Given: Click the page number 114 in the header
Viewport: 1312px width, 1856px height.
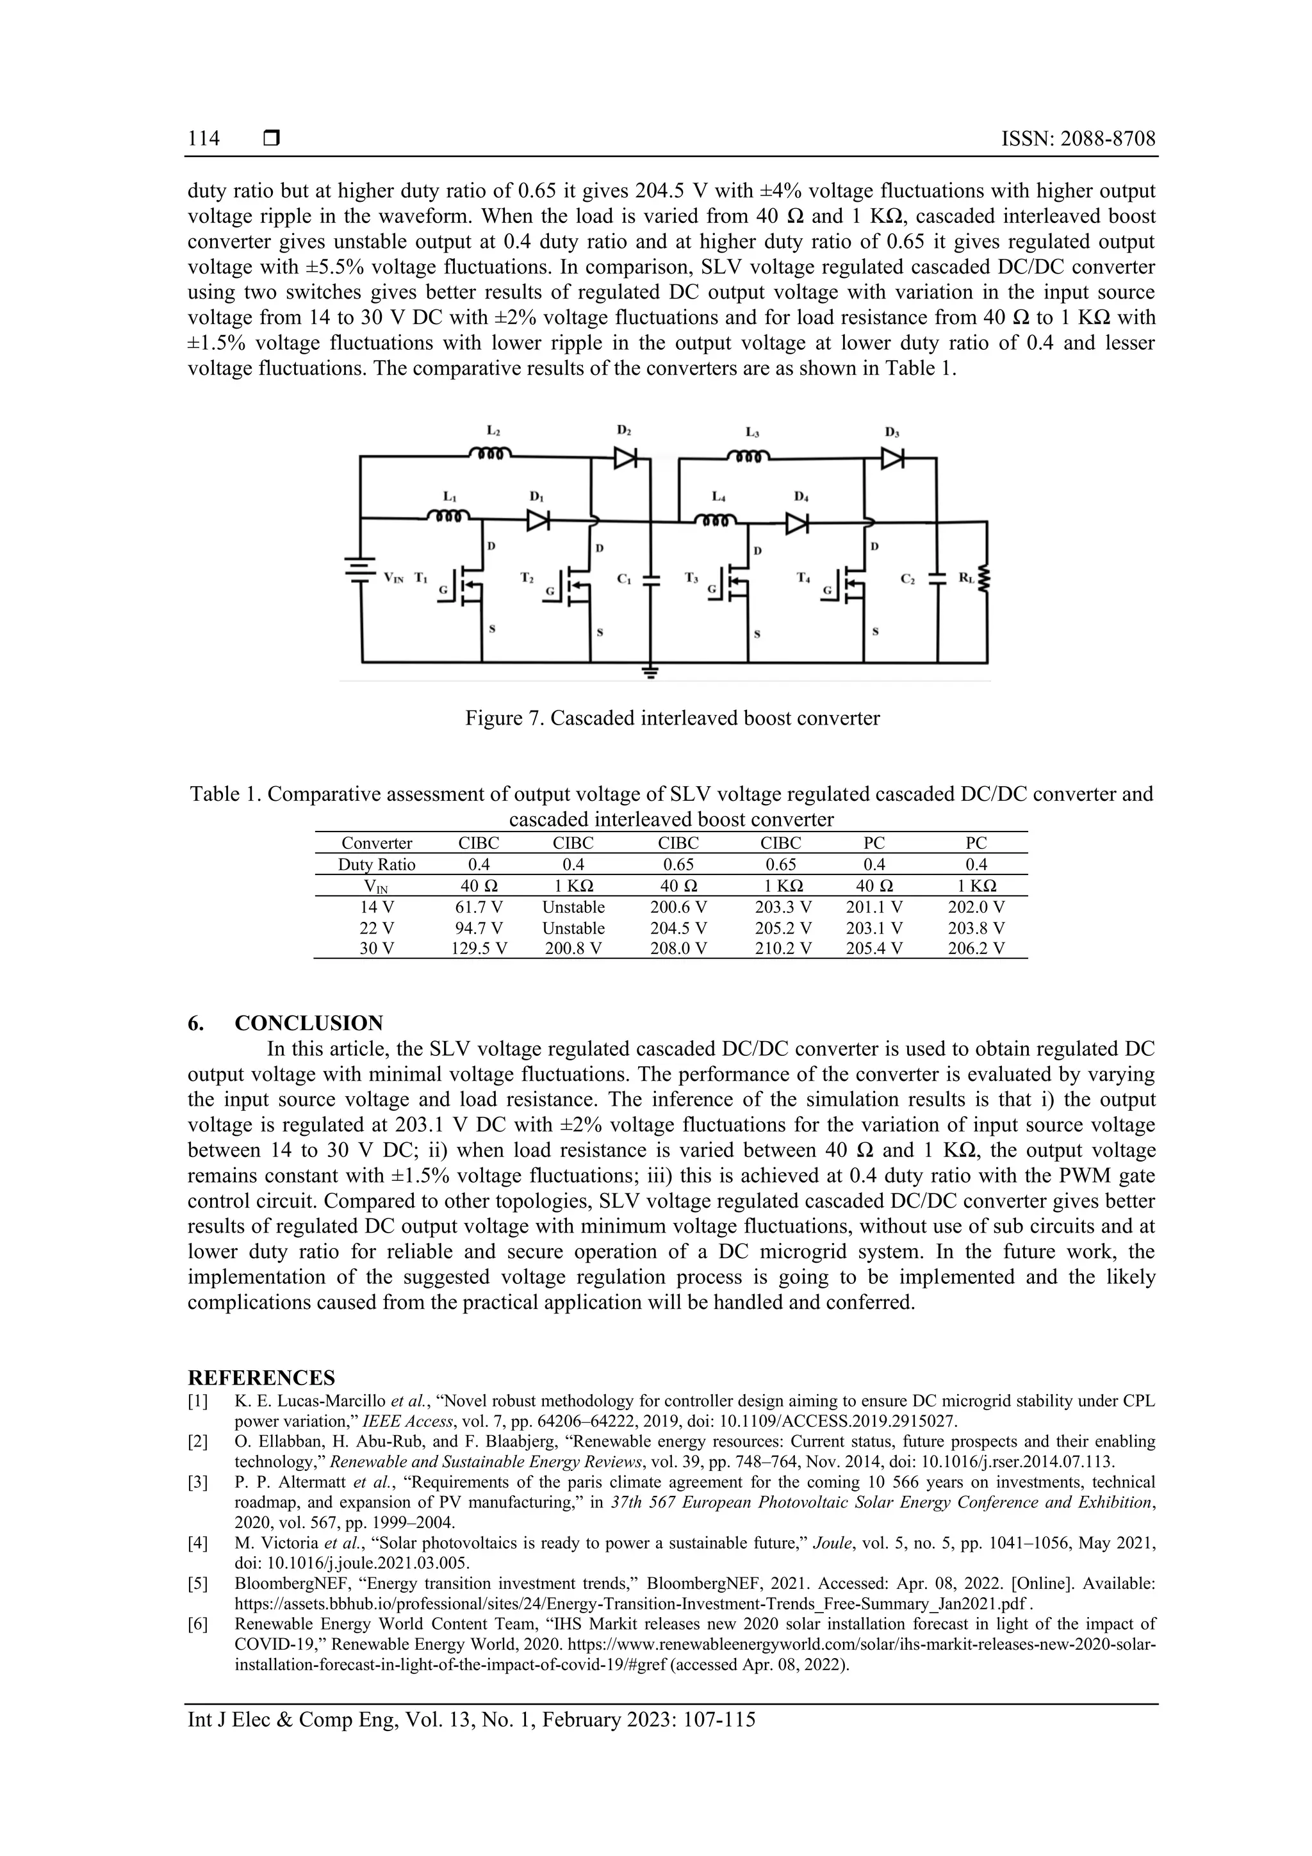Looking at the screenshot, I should coord(204,138).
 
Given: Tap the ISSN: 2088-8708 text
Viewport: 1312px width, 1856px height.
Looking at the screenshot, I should coord(1078,138).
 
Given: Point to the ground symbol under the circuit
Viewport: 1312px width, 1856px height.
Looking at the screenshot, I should coord(652,670).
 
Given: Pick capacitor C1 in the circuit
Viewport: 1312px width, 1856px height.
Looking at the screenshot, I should coord(652,579).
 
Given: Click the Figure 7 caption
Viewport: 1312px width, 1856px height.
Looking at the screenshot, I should coord(672,718).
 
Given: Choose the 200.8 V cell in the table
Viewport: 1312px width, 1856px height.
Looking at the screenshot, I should coord(573,949).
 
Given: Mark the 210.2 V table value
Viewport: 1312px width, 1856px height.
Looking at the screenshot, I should coord(782,949).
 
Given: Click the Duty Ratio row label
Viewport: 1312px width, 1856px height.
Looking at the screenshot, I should coord(377,864).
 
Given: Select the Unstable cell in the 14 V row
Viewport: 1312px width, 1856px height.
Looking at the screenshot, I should coord(573,907).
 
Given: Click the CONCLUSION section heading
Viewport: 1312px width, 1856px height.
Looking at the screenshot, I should coord(309,1022).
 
